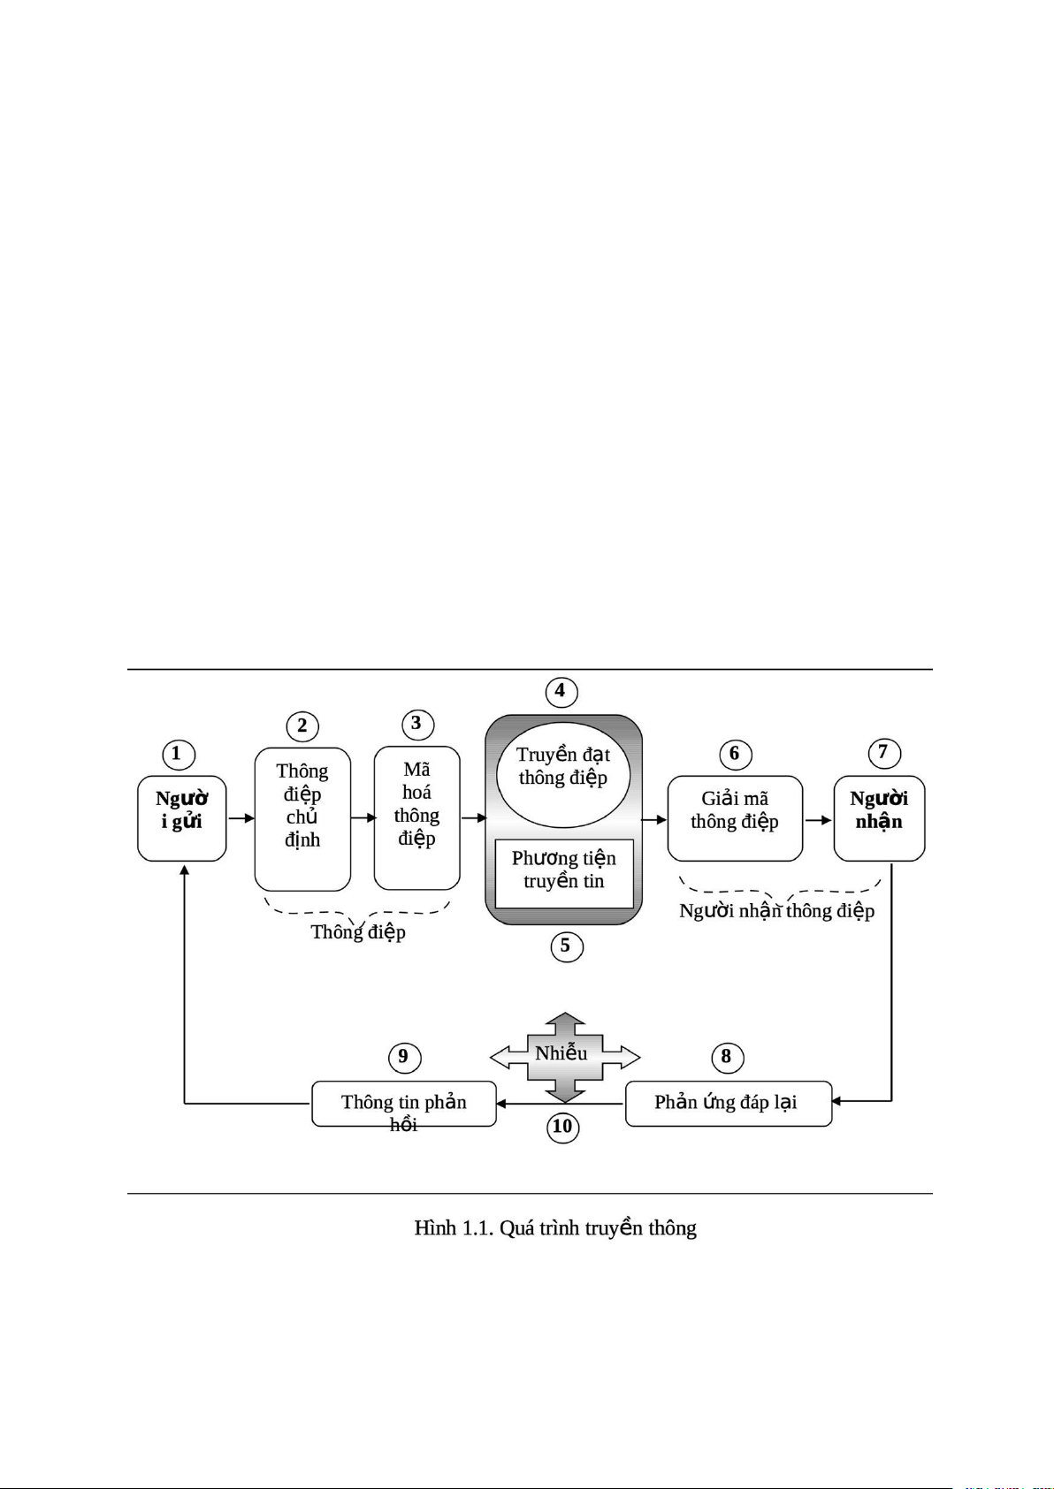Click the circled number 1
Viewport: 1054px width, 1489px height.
click(178, 754)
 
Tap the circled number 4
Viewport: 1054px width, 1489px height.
click(561, 691)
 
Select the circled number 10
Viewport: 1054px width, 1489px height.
click(563, 1127)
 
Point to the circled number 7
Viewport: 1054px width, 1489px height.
click(882, 753)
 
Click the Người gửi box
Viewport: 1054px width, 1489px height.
click(182, 817)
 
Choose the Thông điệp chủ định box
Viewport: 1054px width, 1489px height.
click(302, 818)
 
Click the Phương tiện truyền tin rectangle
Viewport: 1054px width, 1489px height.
click(564, 872)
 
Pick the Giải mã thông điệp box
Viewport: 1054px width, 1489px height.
click(735, 817)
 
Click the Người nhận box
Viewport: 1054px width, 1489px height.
click(879, 817)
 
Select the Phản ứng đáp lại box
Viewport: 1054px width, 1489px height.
click(728, 1103)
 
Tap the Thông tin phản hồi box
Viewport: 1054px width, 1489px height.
click(404, 1104)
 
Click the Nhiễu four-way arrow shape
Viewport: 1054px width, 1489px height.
click(564, 1057)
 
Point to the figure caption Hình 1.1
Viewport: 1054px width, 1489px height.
click(555, 1227)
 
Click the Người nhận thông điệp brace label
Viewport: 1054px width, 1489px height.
click(776, 911)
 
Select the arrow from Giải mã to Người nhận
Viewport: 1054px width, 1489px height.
click(818, 820)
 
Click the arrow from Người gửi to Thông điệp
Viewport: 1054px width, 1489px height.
click(241, 818)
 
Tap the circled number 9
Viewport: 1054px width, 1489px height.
click(404, 1057)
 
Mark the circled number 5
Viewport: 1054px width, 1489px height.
click(566, 946)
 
